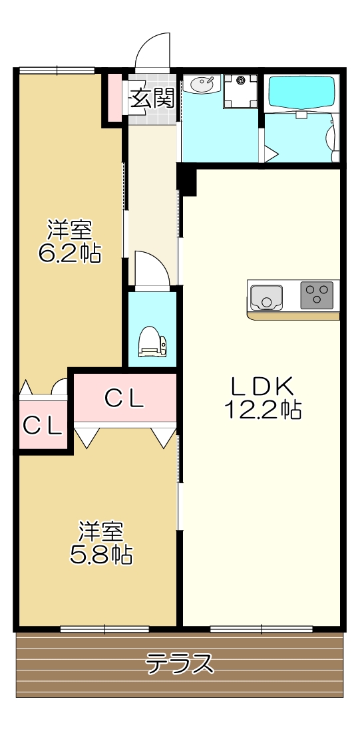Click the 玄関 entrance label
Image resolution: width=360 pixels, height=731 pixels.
point(152,100)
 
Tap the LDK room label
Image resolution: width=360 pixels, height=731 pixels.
point(262,386)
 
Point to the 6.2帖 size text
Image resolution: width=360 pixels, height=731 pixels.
point(69,253)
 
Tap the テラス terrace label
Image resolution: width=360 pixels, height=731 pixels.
point(180,664)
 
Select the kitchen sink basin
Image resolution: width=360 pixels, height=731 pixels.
point(268,295)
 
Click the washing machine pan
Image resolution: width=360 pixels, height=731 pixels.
point(240,91)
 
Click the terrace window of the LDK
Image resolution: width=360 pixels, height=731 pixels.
point(262,628)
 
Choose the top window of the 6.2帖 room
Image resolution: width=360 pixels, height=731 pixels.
point(57,70)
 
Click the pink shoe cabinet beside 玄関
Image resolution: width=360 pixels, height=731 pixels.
point(114,97)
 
